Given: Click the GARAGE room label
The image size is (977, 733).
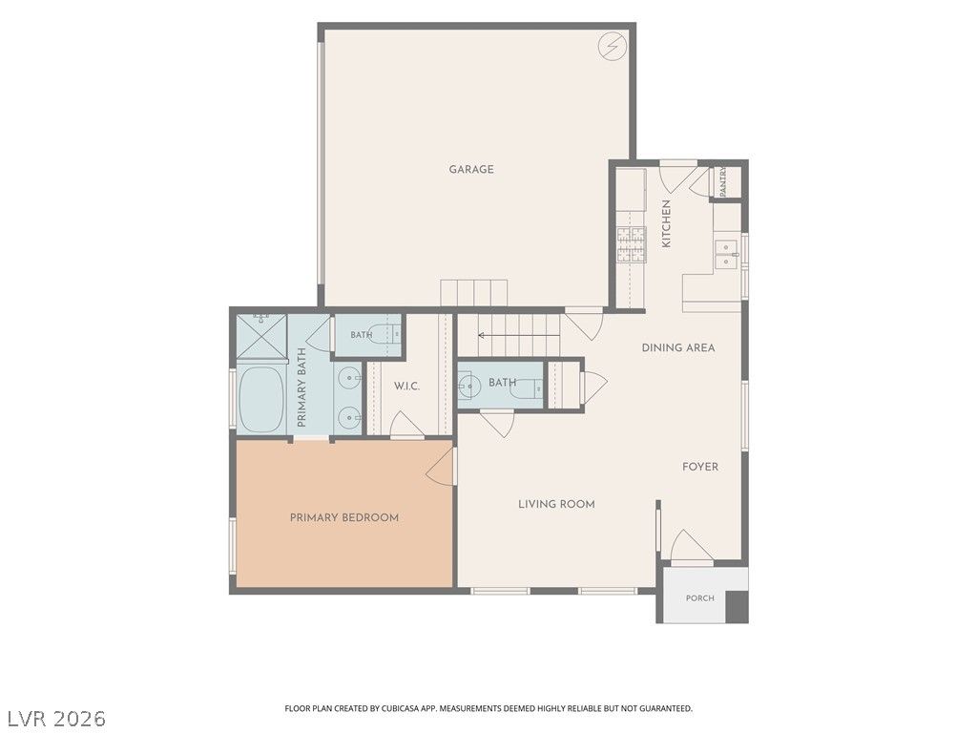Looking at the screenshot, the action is pyautogui.click(x=471, y=169).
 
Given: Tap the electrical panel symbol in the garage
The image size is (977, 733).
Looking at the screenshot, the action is pyautogui.click(x=611, y=46).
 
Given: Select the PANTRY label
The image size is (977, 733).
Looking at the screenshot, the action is pyautogui.click(x=723, y=181).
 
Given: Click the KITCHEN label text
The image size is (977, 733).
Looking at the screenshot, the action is pyautogui.click(x=666, y=223).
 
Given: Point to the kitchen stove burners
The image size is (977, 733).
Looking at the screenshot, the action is pyautogui.click(x=632, y=243).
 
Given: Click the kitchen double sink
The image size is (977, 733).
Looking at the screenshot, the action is pyautogui.click(x=726, y=254).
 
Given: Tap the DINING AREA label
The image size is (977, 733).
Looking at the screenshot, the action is pyautogui.click(x=678, y=347).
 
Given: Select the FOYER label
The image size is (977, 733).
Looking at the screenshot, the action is pyautogui.click(x=699, y=466).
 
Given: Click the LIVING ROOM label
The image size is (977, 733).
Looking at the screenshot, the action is pyautogui.click(x=556, y=504).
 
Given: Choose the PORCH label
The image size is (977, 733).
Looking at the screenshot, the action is pyautogui.click(x=699, y=597).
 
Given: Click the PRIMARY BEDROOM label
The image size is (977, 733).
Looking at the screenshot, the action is pyautogui.click(x=343, y=517).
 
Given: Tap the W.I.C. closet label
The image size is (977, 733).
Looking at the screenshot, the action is pyautogui.click(x=406, y=387).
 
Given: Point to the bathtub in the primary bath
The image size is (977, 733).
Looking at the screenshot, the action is pyautogui.click(x=260, y=400).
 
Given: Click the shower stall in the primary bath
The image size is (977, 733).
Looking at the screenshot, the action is pyautogui.click(x=261, y=337).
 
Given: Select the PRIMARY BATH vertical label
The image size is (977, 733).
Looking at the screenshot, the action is pyautogui.click(x=301, y=387).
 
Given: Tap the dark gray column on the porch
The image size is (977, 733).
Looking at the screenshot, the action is pyautogui.click(x=738, y=606).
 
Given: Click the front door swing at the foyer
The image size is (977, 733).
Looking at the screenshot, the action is pyautogui.click(x=692, y=546).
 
